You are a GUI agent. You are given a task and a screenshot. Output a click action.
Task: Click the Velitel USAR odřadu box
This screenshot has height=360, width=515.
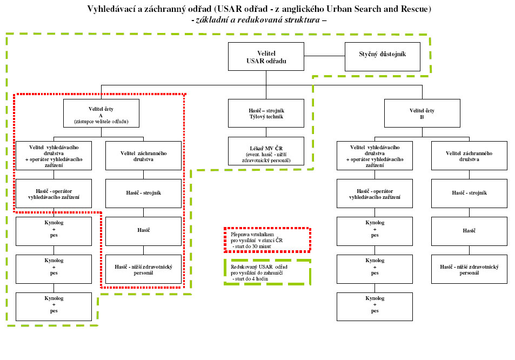(x=266, y=57)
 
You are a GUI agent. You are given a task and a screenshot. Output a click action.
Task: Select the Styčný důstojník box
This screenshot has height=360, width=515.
(x=382, y=55)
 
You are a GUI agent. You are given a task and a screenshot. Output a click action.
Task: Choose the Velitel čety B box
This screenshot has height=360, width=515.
(x=422, y=114)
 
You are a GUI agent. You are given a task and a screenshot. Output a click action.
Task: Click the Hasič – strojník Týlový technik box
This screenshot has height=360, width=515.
(x=266, y=114)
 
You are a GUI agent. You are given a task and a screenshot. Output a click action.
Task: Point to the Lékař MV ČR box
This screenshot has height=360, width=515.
(x=266, y=151)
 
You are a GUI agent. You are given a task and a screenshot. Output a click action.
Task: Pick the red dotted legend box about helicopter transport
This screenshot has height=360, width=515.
(x=267, y=239)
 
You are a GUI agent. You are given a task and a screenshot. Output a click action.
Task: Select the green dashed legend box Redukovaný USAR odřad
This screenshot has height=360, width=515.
(x=267, y=271)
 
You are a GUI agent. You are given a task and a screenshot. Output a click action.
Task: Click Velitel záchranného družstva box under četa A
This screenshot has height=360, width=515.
(x=144, y=156)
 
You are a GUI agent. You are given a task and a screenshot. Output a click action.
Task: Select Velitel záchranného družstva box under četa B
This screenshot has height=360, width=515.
(x=469, y=156)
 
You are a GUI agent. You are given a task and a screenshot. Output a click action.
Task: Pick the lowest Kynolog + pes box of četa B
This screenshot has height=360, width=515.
(x=374, y=306)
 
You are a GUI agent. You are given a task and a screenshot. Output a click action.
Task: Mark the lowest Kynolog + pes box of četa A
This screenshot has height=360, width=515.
(x=53, y=306)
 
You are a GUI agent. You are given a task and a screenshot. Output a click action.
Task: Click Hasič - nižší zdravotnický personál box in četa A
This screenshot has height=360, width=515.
(x=144, y=269)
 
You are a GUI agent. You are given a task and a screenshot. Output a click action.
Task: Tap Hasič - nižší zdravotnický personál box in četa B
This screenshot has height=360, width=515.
(x=469, y=269)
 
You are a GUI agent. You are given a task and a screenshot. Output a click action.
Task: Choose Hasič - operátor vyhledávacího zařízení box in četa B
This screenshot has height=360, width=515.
(x=374, y=194)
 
